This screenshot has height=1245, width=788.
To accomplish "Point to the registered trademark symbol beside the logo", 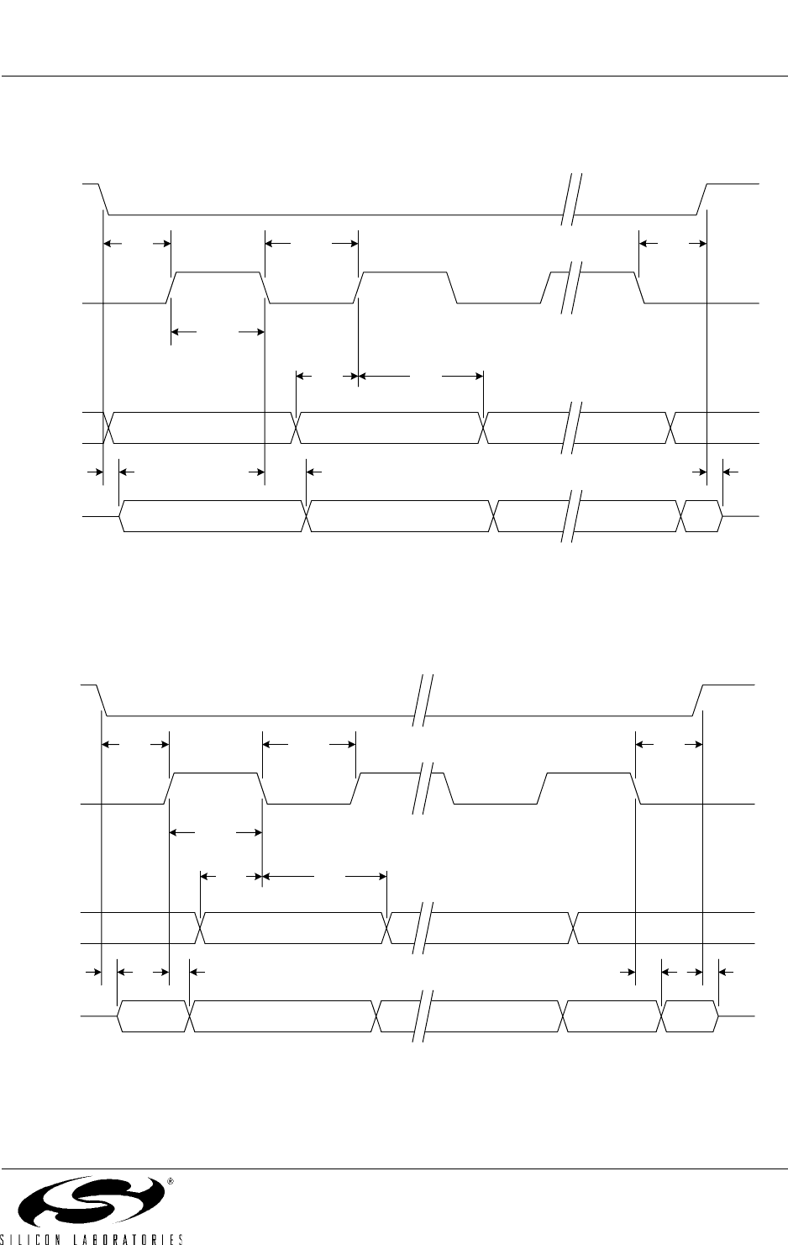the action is click(170, 1181).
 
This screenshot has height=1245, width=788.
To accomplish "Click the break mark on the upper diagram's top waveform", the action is click(571, 199).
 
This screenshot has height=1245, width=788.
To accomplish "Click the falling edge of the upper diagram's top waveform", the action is click(104, 198).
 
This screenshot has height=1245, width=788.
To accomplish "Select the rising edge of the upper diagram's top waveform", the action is click(702, 198).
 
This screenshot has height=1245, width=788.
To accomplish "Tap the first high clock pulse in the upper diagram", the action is click(218, 288).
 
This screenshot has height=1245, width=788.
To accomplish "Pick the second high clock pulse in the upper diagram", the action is click(406, 288).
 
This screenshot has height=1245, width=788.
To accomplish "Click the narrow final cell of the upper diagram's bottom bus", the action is click(701, 516).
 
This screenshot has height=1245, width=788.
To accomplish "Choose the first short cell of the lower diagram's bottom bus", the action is click(154, 1016).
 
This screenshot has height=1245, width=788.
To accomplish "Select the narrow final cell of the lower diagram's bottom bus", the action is click(691, 1016).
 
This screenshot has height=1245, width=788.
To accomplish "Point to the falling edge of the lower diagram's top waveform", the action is click(102, 700).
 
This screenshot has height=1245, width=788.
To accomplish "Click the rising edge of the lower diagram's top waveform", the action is click(698, 700).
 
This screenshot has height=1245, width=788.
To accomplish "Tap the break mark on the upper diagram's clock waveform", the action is click(571, 288).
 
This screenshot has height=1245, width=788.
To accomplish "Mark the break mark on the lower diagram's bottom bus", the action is click(423, 1016).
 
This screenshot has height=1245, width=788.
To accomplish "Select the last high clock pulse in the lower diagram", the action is click(589, 789).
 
